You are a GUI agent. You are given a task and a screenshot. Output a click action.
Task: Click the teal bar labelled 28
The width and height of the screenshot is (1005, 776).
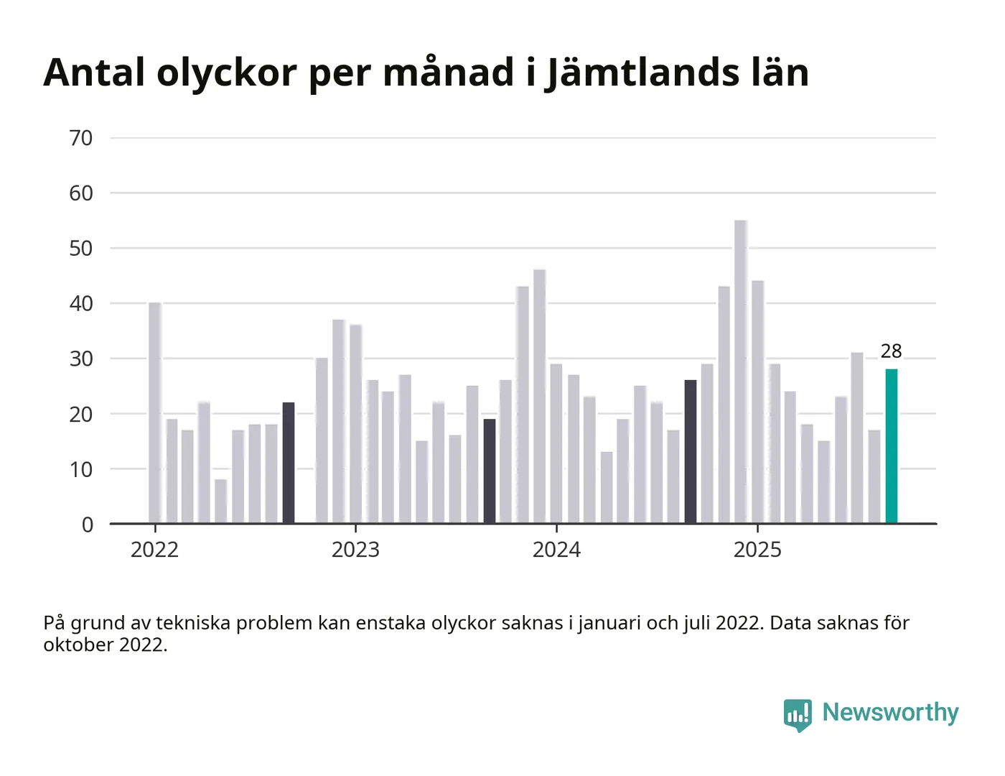pyautogui.click(x=891, y=445)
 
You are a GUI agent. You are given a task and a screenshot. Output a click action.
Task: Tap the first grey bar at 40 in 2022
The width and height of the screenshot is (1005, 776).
pyautogui.click(x=155, y=412)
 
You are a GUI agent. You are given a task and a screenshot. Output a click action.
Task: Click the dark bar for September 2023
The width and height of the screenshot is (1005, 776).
pyautogui.click(x=490, y=471)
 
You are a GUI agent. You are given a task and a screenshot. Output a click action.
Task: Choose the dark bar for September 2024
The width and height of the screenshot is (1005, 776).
pyautogui.click(x=691, y=451)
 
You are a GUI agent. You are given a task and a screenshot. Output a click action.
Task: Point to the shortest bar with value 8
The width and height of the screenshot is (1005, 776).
pyautogui.click(x=220, y=501)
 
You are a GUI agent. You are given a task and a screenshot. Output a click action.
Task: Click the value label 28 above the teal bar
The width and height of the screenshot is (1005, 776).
pyautogui.click(x=891, y=351)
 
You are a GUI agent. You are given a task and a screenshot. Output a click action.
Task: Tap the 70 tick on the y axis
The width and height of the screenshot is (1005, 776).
pyautogui.click(x=81, y=138)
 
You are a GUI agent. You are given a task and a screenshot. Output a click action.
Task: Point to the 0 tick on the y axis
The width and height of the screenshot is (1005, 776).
pyautogui.click(x=88, y=525)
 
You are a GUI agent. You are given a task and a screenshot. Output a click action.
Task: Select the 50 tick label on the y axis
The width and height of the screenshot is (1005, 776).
pyautogui.click(x=81, y=249)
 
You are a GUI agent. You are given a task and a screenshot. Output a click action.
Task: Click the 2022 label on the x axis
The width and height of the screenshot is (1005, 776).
pyautogui.click(x=154, y=550)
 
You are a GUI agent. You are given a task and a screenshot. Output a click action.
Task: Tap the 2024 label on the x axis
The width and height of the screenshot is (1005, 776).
pyautogui.click(x=556, y=550)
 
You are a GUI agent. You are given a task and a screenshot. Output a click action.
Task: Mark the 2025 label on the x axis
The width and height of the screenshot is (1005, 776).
pyautogui.click(x=757, y=550)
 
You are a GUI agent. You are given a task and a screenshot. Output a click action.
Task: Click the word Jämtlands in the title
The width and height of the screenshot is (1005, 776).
pyautogui.click(x=642, y=73)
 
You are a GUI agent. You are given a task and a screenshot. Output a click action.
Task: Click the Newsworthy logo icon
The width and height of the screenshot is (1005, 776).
pyautogui.click(x=798, y=714)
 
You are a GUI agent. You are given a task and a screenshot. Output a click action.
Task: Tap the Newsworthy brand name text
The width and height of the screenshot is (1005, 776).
pyautogui.click(x=890, y=712)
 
